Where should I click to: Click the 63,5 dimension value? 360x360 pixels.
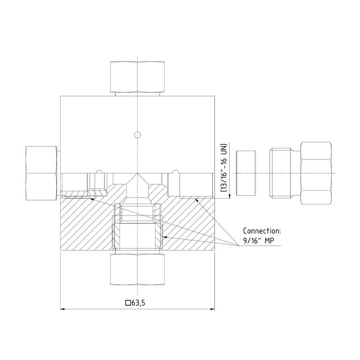point(138,303)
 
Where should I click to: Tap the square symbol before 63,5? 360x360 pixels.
point(128,303)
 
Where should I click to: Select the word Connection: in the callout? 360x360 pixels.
point(262,231)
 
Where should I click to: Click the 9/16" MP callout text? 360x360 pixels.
point(259,240)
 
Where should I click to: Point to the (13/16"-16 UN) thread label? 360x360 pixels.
point(224,168)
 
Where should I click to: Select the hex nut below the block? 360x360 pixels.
point(137,269)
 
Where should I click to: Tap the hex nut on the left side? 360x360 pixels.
point(42,173)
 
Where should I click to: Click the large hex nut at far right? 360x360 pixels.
point(316,173)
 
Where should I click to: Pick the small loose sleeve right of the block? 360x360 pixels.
point(246,173)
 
